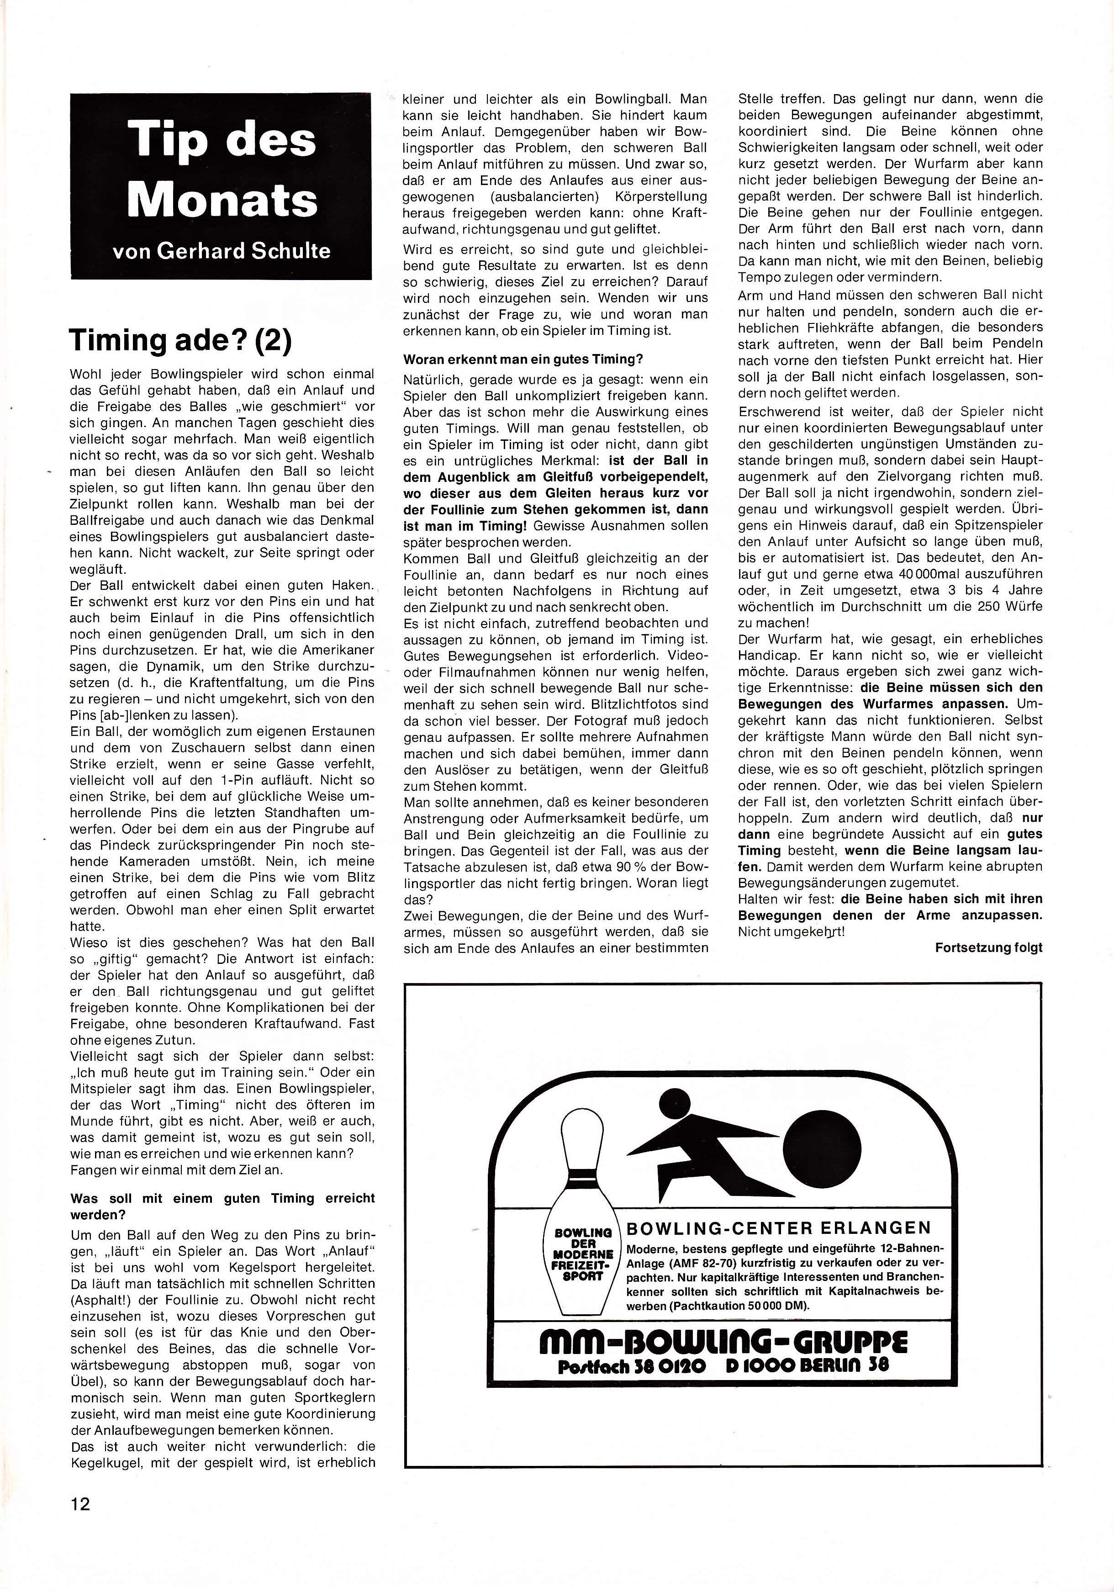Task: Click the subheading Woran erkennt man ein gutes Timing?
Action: pyautogui.click(x=523, y=359)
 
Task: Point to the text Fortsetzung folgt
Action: pyautogui.click(x=988, y=947)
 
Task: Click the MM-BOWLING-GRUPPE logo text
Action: pyautogui.click(x=723, y=1343)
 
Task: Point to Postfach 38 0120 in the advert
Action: pyautogui.click(x=632, y=1366)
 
